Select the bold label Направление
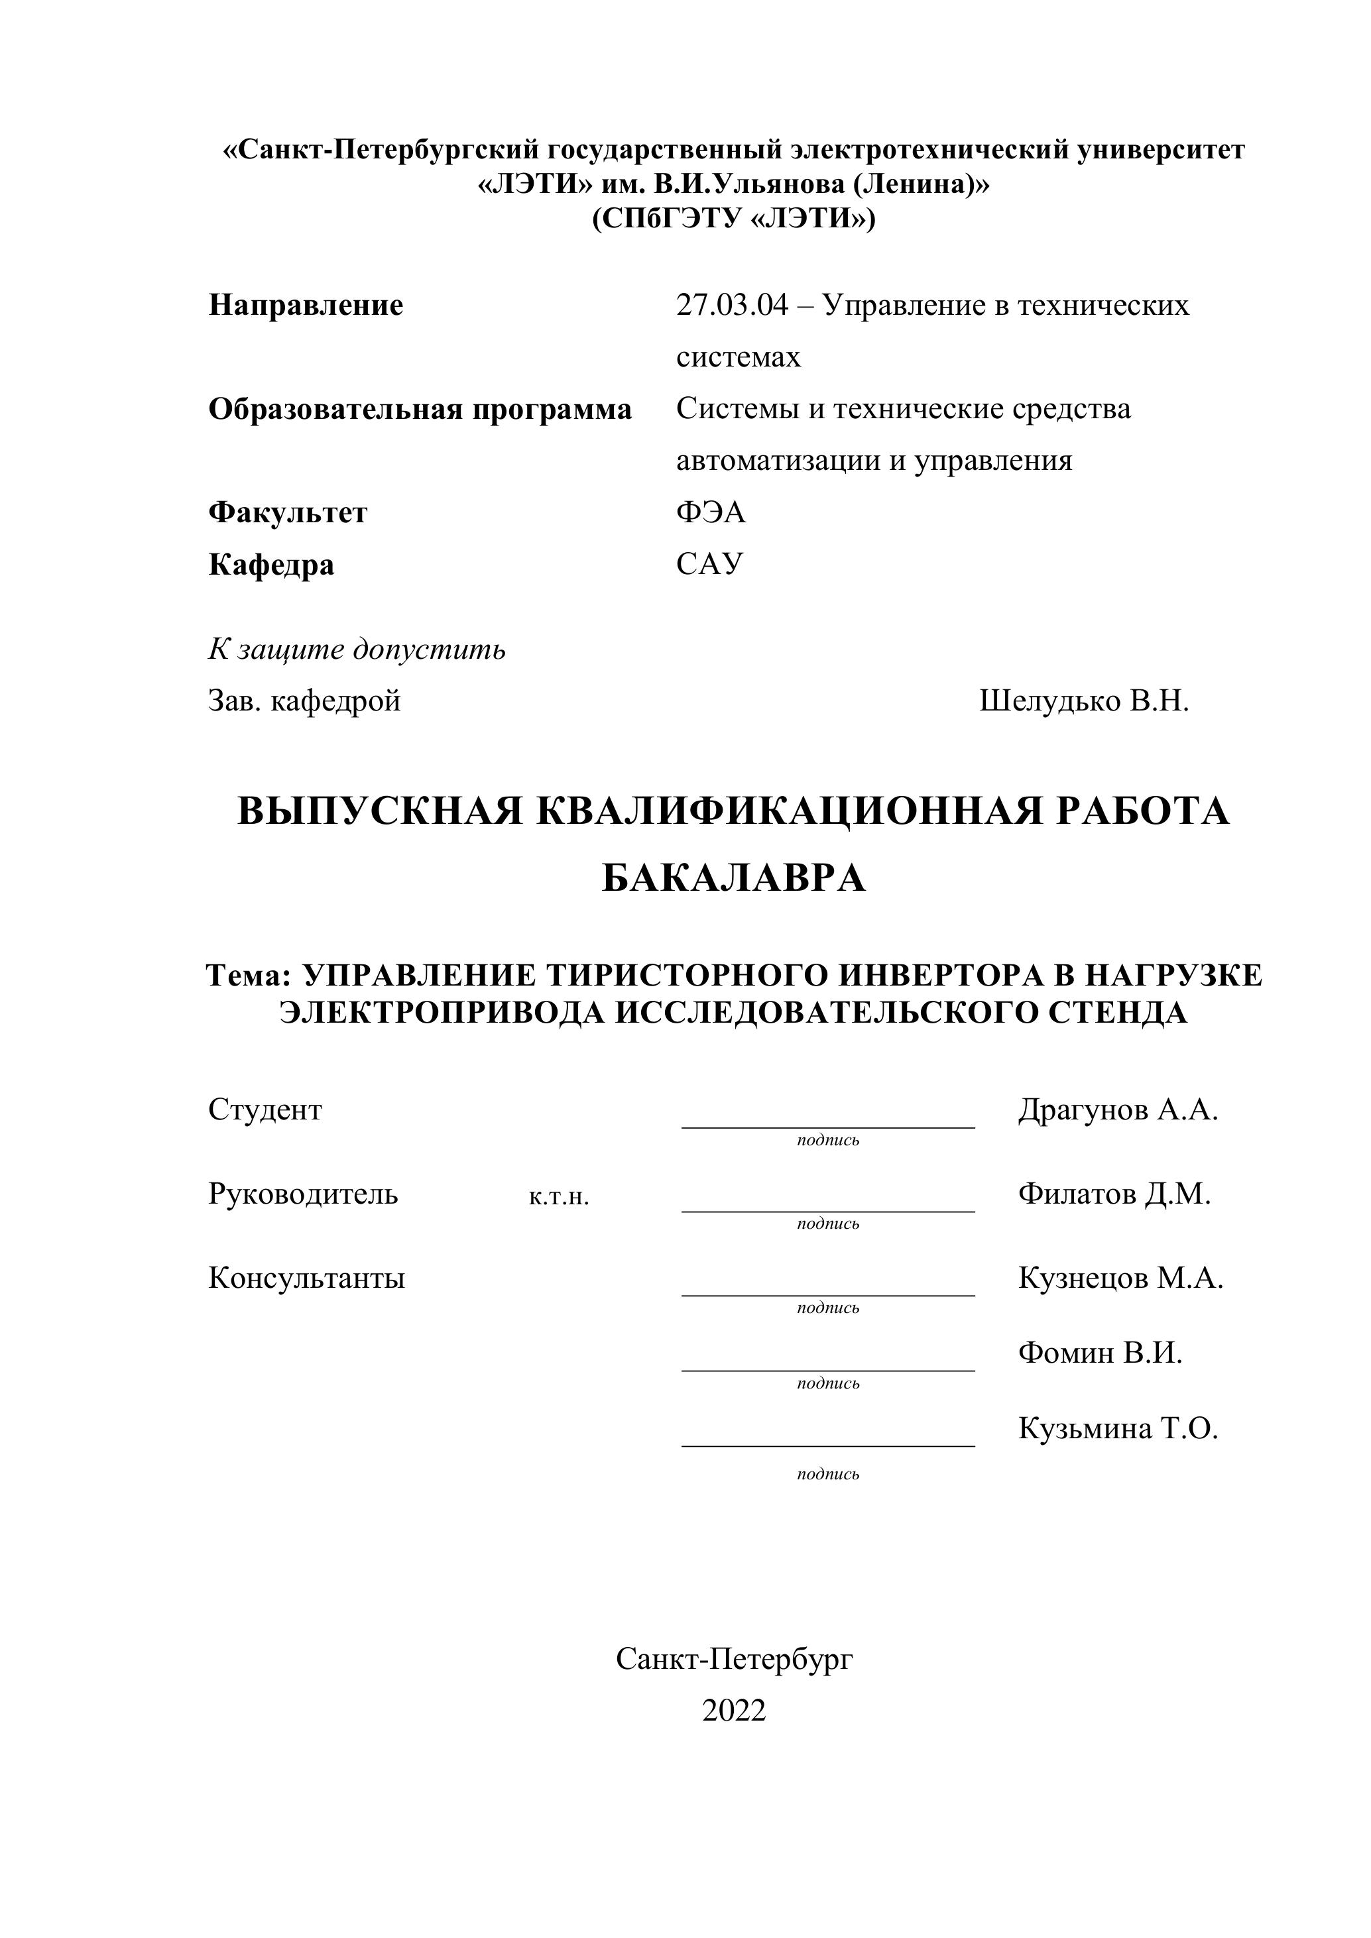[306, 305]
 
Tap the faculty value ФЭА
[711, 512]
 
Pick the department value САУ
[709, 564]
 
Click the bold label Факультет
[288, 512]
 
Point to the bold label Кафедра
[271, 564]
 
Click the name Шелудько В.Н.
[1083, 701]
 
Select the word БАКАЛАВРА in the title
[734, 878]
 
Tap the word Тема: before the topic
[248, 975]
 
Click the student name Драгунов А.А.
[1118, 1109]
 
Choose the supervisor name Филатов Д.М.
[1114, 1194]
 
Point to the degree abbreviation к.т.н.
[559, 1196]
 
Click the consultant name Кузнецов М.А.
[1120, 1278]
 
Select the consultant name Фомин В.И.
[1100, 1353]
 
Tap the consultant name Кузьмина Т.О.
[1118, 1428]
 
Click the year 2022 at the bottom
[734, 1710]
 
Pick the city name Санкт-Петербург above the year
[734, 1658]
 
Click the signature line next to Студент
[827, 1126]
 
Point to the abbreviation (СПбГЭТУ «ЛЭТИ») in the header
[734, 219]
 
